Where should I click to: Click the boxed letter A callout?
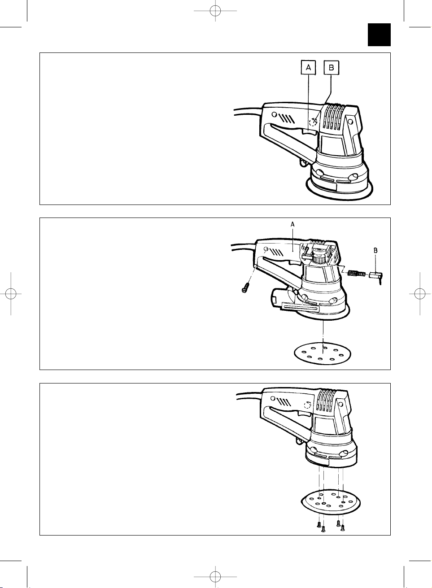[x=308, y=68]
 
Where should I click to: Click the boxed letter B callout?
[x=332, y=68]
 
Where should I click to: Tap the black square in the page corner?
[x=379, y=35]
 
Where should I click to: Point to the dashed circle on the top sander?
[x=313, y=122]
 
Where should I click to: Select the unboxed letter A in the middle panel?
[x=292, y=224]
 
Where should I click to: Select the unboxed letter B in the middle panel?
[x=375, y=251]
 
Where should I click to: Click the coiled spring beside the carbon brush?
[x=356, y=274]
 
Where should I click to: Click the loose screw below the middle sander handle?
[x=245, y=287]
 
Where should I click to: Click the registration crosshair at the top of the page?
[x=215, y=11]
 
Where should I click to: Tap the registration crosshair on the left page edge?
[x=11, y=293]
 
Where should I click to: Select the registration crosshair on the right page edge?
[x=419, y=293]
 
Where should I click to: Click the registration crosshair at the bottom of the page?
[x=215, y=577]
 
